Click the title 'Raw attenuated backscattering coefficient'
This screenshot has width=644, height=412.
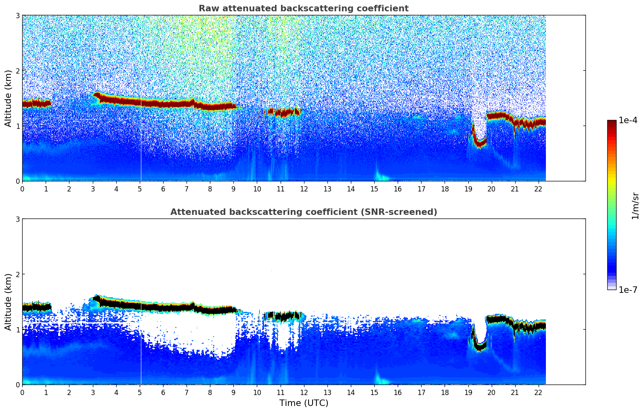[303, 8]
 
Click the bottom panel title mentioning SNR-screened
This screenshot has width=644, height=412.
[303, 212]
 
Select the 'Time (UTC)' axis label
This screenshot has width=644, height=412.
[304, 403]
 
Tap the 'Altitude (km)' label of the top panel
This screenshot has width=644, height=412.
[8, 98]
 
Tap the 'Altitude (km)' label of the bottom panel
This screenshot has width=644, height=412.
[8, 302]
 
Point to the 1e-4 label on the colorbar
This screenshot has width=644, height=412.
[628, 120]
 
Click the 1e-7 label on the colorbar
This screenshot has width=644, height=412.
[628, 290]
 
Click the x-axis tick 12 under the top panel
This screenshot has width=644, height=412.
[304, 189]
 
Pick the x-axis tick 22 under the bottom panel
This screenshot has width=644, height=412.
[539, 392]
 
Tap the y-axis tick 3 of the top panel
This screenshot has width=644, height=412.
[17, 15]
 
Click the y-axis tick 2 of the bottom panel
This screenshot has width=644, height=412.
[17, 274]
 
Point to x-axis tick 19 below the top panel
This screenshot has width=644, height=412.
[468, 189]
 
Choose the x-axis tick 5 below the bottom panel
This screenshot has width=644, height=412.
[140, 392]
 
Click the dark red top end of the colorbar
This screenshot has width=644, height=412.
[612, 122]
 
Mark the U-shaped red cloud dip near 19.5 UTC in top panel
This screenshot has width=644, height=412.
[480, 142]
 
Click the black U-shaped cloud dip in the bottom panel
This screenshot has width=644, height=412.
[480, 346]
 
